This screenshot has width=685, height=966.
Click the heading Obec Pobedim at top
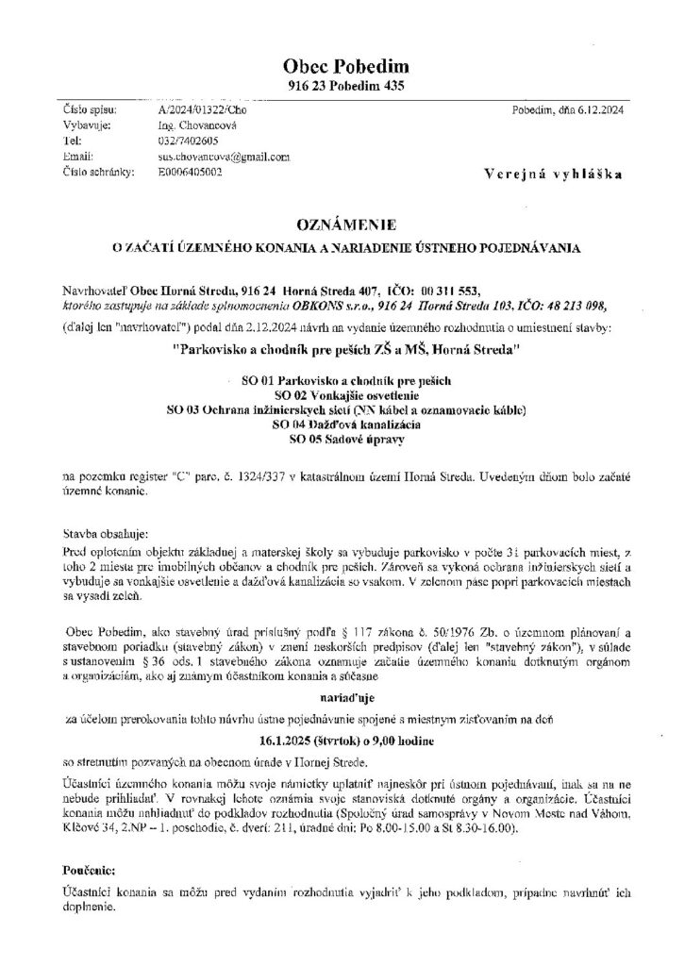tap(342, 66)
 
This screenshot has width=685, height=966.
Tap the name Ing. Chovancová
tap(201, 125)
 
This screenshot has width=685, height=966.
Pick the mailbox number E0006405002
tap(196, 172)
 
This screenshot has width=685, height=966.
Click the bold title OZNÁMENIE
tap(342, 226)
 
